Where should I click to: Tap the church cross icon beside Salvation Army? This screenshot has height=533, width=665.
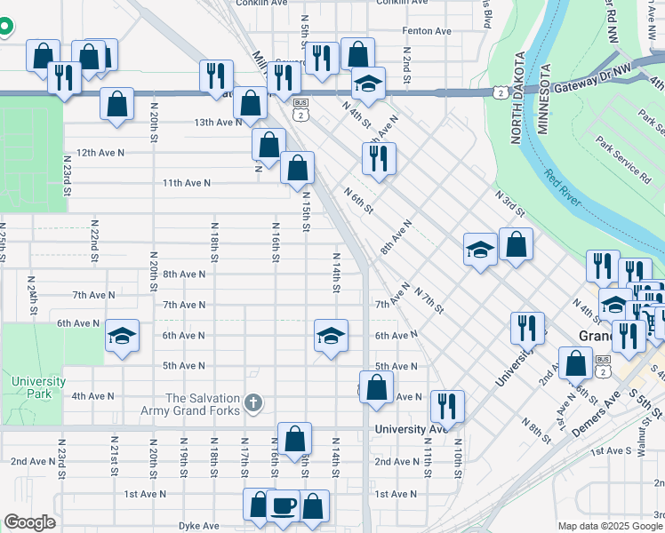pyautogui.click(x=255, y=404)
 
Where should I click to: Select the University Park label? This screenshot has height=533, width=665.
pyautogui.click(x=38, y=387)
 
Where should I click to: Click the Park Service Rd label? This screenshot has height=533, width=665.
pyautogui.click(x=623, y=159)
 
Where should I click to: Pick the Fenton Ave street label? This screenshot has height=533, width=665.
pyautogui.click(x=427, y=31)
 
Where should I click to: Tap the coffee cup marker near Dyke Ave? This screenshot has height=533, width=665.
pyautogui.click(x=283, y=505)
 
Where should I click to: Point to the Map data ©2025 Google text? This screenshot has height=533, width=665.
pyautogui.click(x=610, y=526)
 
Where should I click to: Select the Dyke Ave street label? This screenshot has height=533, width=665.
pyautogui.click(x=198, y=525)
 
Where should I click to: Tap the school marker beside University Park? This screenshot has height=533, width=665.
pyautogui.click(x=123, y=336)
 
